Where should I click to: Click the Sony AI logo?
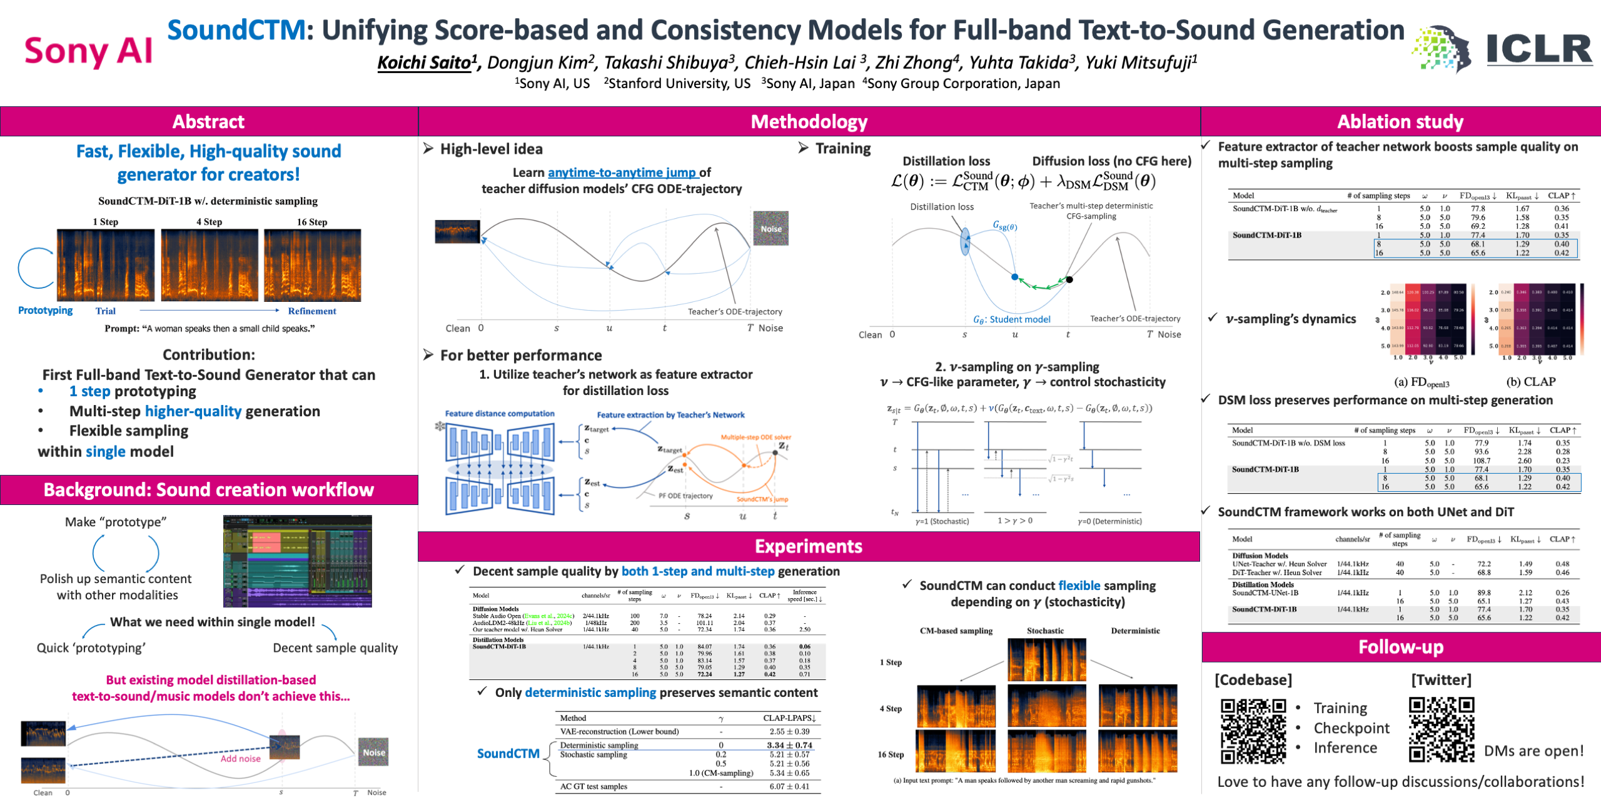tap(88, 51)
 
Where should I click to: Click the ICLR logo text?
tap(1539, 49)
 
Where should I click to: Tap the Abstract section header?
tap(208, 121)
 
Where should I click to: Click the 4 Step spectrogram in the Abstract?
tap(210, 265)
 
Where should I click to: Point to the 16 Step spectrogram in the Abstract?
tap(312, 265)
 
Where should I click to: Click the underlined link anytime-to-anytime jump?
tap(622, 172)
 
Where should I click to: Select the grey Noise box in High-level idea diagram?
tap(770, 229)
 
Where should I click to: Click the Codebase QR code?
tap(1253, 731)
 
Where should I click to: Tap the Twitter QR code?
tap(1442, 729)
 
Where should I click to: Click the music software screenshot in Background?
tap(298, 561)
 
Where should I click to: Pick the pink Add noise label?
tap(240, 759)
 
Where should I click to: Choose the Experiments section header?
tap(808, 546)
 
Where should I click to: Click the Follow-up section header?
tap(1400, 647)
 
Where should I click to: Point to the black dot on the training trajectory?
tap(1069, 279)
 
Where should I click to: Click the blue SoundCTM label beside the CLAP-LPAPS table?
tap(508, 754)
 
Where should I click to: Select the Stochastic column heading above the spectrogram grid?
tap(1045, 631)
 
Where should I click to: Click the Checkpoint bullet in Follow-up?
tap(1351, 728)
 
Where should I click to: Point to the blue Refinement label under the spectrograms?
tap(311, 311)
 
